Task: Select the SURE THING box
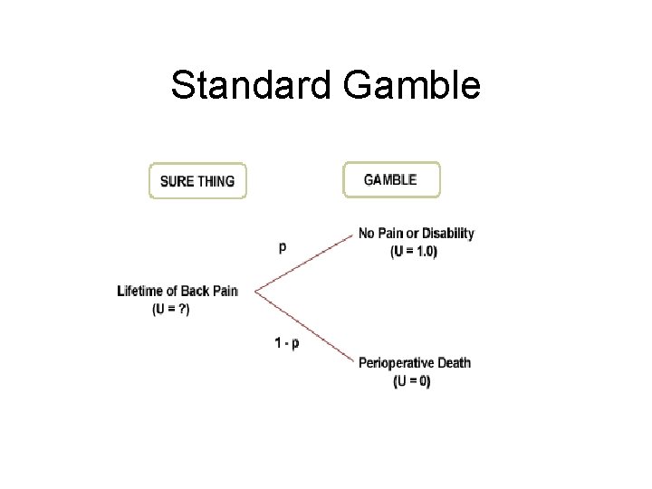pyautogui.click(x=197, y=180)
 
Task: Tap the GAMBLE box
pyautogui.click(x=390, y=179)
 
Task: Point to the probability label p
pyautogui.click(x=283, y=245)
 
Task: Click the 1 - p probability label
pyautogui.click(x=287, y=342)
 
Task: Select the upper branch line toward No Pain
pyautogui.click(x=303, y=264)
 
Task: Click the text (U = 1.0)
pyautogui.click(x=413, y=252)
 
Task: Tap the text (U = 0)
pyautogui.click(x=413, y=381)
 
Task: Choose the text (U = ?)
pyautogui.click(x=171, y=309)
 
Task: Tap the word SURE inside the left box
pyautogui.click(x=177, y=181)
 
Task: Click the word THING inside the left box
pyautogui.click(x=216, y=181)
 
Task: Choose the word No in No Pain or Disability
pyautogui.click(x=367, y=234)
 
